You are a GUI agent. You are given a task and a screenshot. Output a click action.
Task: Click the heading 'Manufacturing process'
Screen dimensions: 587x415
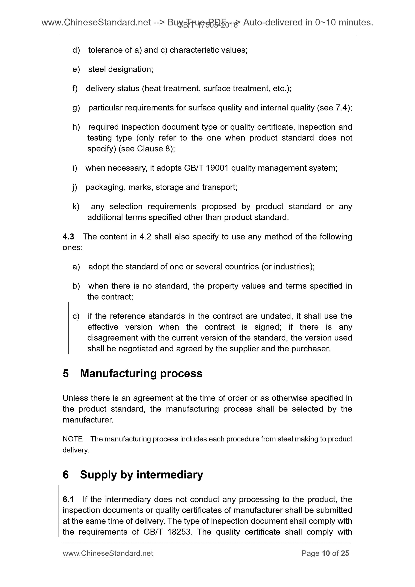(x=141, y=374)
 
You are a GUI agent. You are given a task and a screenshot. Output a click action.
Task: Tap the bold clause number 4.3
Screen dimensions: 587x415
(x=68, y=237)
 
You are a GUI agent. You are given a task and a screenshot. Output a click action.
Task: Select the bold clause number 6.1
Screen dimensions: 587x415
(x=68, y=499)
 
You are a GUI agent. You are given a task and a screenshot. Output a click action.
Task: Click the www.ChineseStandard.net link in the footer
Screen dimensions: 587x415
(x=108, y=554)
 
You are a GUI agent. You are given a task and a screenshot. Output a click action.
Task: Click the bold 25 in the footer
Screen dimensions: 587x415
(x=345, y=554)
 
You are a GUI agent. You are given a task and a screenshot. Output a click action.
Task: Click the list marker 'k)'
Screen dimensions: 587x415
(x=76, y=206)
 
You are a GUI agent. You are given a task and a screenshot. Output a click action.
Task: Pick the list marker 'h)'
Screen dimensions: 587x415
(x=76, y=127)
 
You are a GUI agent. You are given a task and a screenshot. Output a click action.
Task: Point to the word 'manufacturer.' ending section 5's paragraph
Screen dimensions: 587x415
(x=88, y=420)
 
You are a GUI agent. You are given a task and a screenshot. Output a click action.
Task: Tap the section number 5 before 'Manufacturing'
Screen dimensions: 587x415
(x=66, y=374)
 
